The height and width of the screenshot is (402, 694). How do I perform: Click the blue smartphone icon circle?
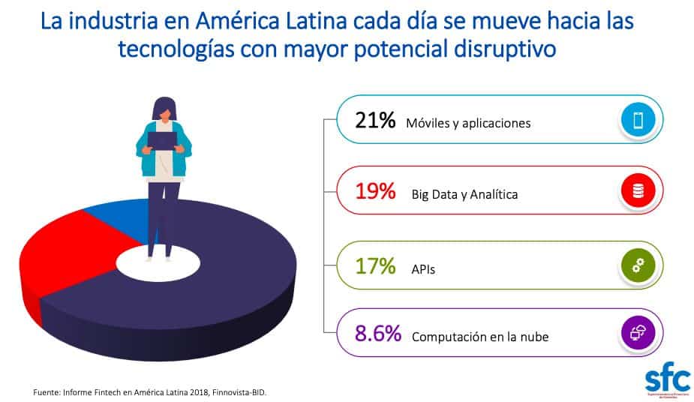tap(638, 120)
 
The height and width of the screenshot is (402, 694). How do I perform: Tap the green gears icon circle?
tap(638, 264)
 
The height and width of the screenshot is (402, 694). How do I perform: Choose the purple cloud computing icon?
tap(638, 333)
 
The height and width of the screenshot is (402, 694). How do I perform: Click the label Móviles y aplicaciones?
tap(468, 123)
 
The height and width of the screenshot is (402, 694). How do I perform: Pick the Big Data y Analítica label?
tap(464, 195)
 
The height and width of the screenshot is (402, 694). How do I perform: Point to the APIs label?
tap(423, 268)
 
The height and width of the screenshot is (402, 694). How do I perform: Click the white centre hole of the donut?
tap(158, 262)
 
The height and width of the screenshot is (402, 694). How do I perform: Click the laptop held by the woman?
tap(162, 139)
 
